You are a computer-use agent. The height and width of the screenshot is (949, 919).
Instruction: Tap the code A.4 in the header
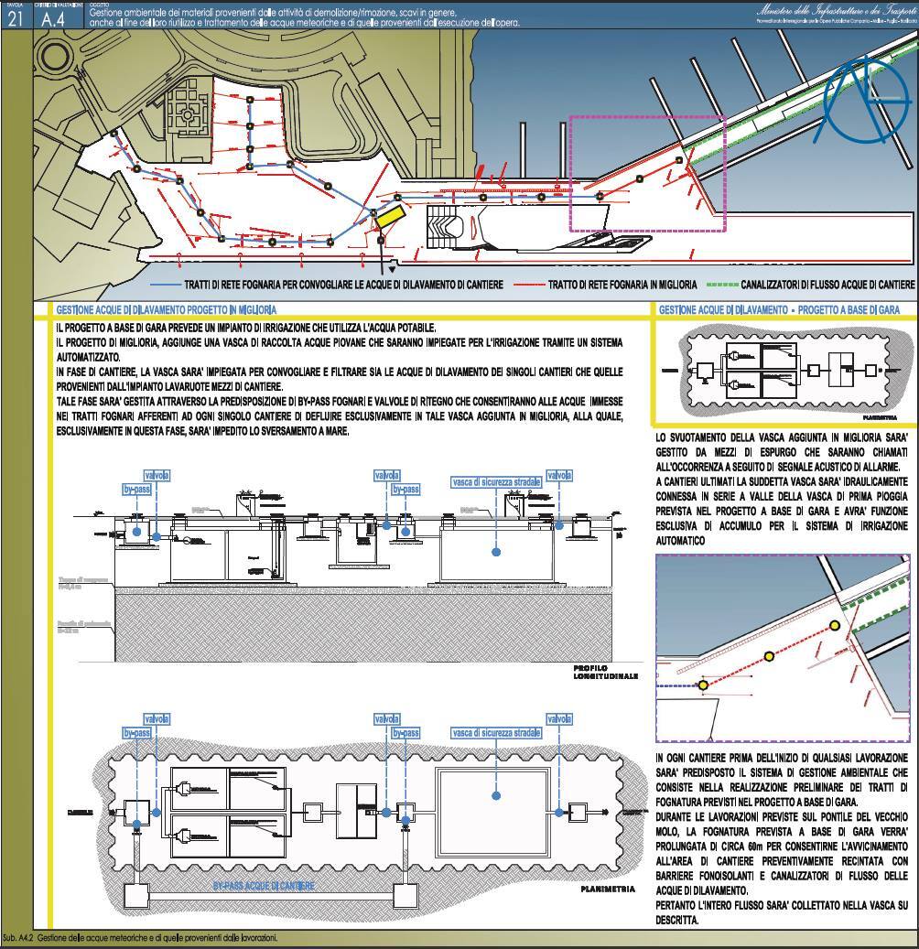coord(54,20)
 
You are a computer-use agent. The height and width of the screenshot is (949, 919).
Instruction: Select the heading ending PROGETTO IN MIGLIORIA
coord(166,310)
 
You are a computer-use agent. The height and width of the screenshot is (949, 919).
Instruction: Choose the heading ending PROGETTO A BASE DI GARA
coord(784,310)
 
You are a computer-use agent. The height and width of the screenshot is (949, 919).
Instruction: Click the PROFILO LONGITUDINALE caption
coord(604,673)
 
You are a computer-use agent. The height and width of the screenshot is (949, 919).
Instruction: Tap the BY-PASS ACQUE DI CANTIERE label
coord(264,886)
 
